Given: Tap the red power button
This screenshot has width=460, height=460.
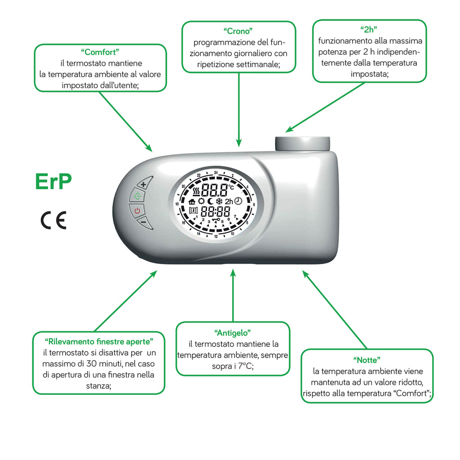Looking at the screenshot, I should pyautogui.click(x=137, y=210).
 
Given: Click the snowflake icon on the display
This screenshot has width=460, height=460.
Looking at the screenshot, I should pyautogui.click(x=220, y=201).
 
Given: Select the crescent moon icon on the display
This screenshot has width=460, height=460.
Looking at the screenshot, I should pyautogui.click(x=210, y=201).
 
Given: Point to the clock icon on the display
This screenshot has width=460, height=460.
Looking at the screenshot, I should pyautogui.click(x=238, y=201).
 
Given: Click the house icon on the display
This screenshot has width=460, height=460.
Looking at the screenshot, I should pyautogui.click(x=192, y=202).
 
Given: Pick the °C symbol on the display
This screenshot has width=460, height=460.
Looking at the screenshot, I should pyautogui.click(x=231, y=187).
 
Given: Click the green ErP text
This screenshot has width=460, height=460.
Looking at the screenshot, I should pyautogui.click(x=53, y=181).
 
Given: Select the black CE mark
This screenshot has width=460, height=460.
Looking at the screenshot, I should pyautogui.click(x=53, y=220).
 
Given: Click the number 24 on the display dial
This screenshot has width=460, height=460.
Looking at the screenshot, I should pyautogui.click(x=216, y=172).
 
